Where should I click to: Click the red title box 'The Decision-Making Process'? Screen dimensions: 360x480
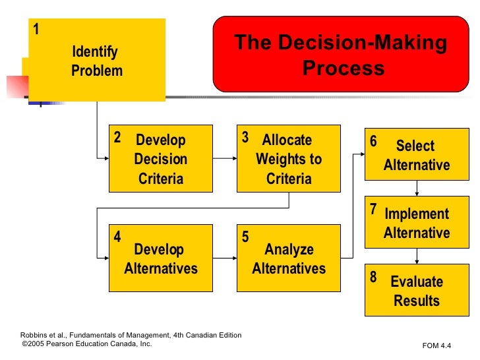(340, 55)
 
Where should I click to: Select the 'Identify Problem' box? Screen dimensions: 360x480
(97, 60)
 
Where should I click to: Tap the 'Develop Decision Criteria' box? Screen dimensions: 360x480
(161, 159)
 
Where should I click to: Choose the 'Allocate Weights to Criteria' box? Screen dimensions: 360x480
(289, 159)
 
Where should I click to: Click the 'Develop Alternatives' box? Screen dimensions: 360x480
(161, 258)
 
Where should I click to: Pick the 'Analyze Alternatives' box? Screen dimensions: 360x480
(289, 258)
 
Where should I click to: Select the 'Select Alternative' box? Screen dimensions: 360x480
(416, 156)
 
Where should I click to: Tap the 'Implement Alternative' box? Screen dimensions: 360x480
(416, 223)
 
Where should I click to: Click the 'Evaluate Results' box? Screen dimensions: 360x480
(416, 291)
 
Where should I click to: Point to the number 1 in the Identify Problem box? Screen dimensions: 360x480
(36, 29)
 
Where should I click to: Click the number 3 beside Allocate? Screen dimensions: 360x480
(245, 138)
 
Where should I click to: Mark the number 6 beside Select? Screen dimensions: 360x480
(373, 142)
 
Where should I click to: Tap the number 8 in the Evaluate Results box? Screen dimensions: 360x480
(373, 277)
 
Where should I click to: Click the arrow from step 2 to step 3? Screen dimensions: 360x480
(225, 158)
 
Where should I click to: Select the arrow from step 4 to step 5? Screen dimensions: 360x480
(225, 258)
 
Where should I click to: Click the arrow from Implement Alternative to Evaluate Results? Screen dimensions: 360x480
(416, 256)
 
